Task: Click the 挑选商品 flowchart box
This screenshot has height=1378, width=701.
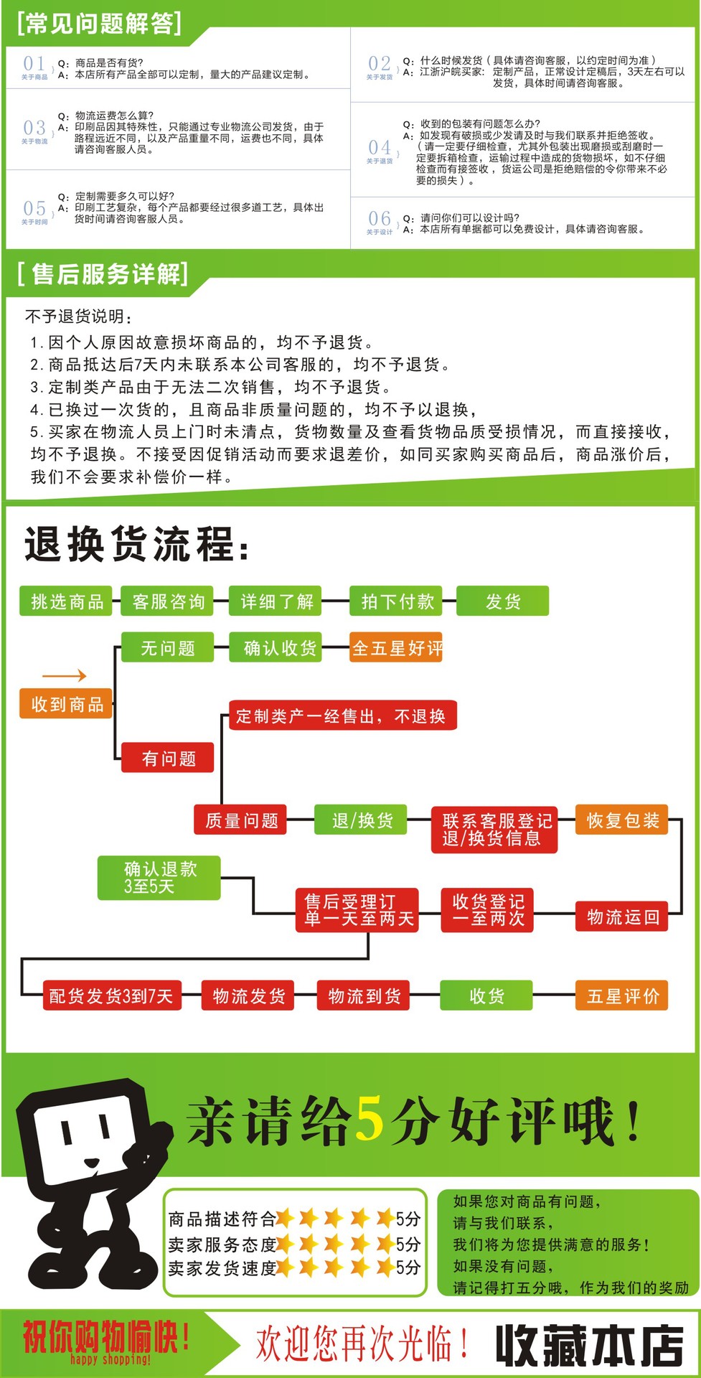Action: coord(67,601)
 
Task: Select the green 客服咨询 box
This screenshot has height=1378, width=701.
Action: coord(168,601)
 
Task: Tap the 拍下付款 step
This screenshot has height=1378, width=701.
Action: coord(397,601)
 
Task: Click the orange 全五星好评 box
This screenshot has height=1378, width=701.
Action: coord(396,648)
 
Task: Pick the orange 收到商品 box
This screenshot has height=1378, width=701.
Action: coord(67,704)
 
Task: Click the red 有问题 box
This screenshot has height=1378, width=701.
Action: coord(168,758)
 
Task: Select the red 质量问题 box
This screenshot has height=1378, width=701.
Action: coord(241,820)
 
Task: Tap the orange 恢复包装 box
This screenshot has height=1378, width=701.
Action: coord(622,820)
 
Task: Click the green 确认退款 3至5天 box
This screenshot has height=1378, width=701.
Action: coord(159,878)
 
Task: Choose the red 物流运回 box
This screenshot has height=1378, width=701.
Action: coord(622,917)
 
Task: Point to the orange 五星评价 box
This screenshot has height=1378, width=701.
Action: coord(622,995)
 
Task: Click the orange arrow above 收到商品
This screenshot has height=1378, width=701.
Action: coord(65,675)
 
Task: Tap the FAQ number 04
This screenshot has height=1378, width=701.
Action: coord(380,148)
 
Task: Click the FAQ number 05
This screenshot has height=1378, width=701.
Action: coord(34,209)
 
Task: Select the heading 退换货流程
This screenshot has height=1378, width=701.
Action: coord(136,545)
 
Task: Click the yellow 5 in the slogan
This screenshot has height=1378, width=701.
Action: coord(370,1120)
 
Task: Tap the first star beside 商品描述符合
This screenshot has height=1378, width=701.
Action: coord(285,1218)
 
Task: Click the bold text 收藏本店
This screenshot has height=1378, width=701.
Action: coord(588,1345)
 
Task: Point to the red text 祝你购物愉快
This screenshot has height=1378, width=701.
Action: coord(105,1336)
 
